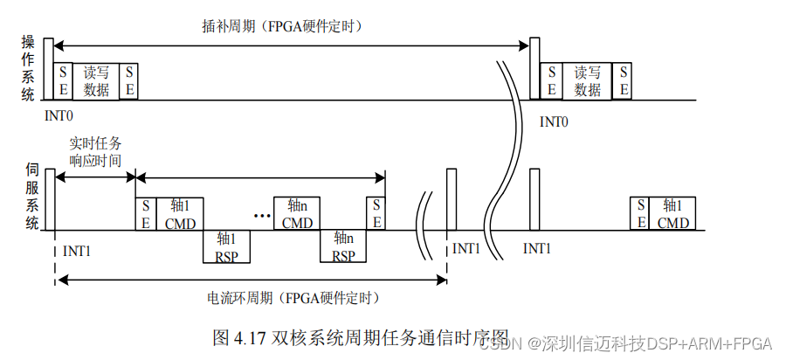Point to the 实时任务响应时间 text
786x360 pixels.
coord(95,152)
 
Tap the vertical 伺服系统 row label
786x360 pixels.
coord(32,198)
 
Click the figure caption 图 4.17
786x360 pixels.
coord(360,336)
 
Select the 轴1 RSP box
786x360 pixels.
coord(227,246)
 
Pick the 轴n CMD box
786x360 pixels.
coord(297,213)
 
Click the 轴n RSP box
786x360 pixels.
coord(343,246)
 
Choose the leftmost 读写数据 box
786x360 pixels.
coord(96,80)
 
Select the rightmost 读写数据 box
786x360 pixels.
coord(588,80)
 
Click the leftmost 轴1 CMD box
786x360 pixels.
coord(180,213)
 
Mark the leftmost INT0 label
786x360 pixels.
coord(59,114)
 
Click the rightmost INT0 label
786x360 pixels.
coord(554,121)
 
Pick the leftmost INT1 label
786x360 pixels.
coord(78,251)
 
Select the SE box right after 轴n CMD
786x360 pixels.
coord(376,213)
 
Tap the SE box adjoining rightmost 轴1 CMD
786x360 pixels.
coord(640,213)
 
